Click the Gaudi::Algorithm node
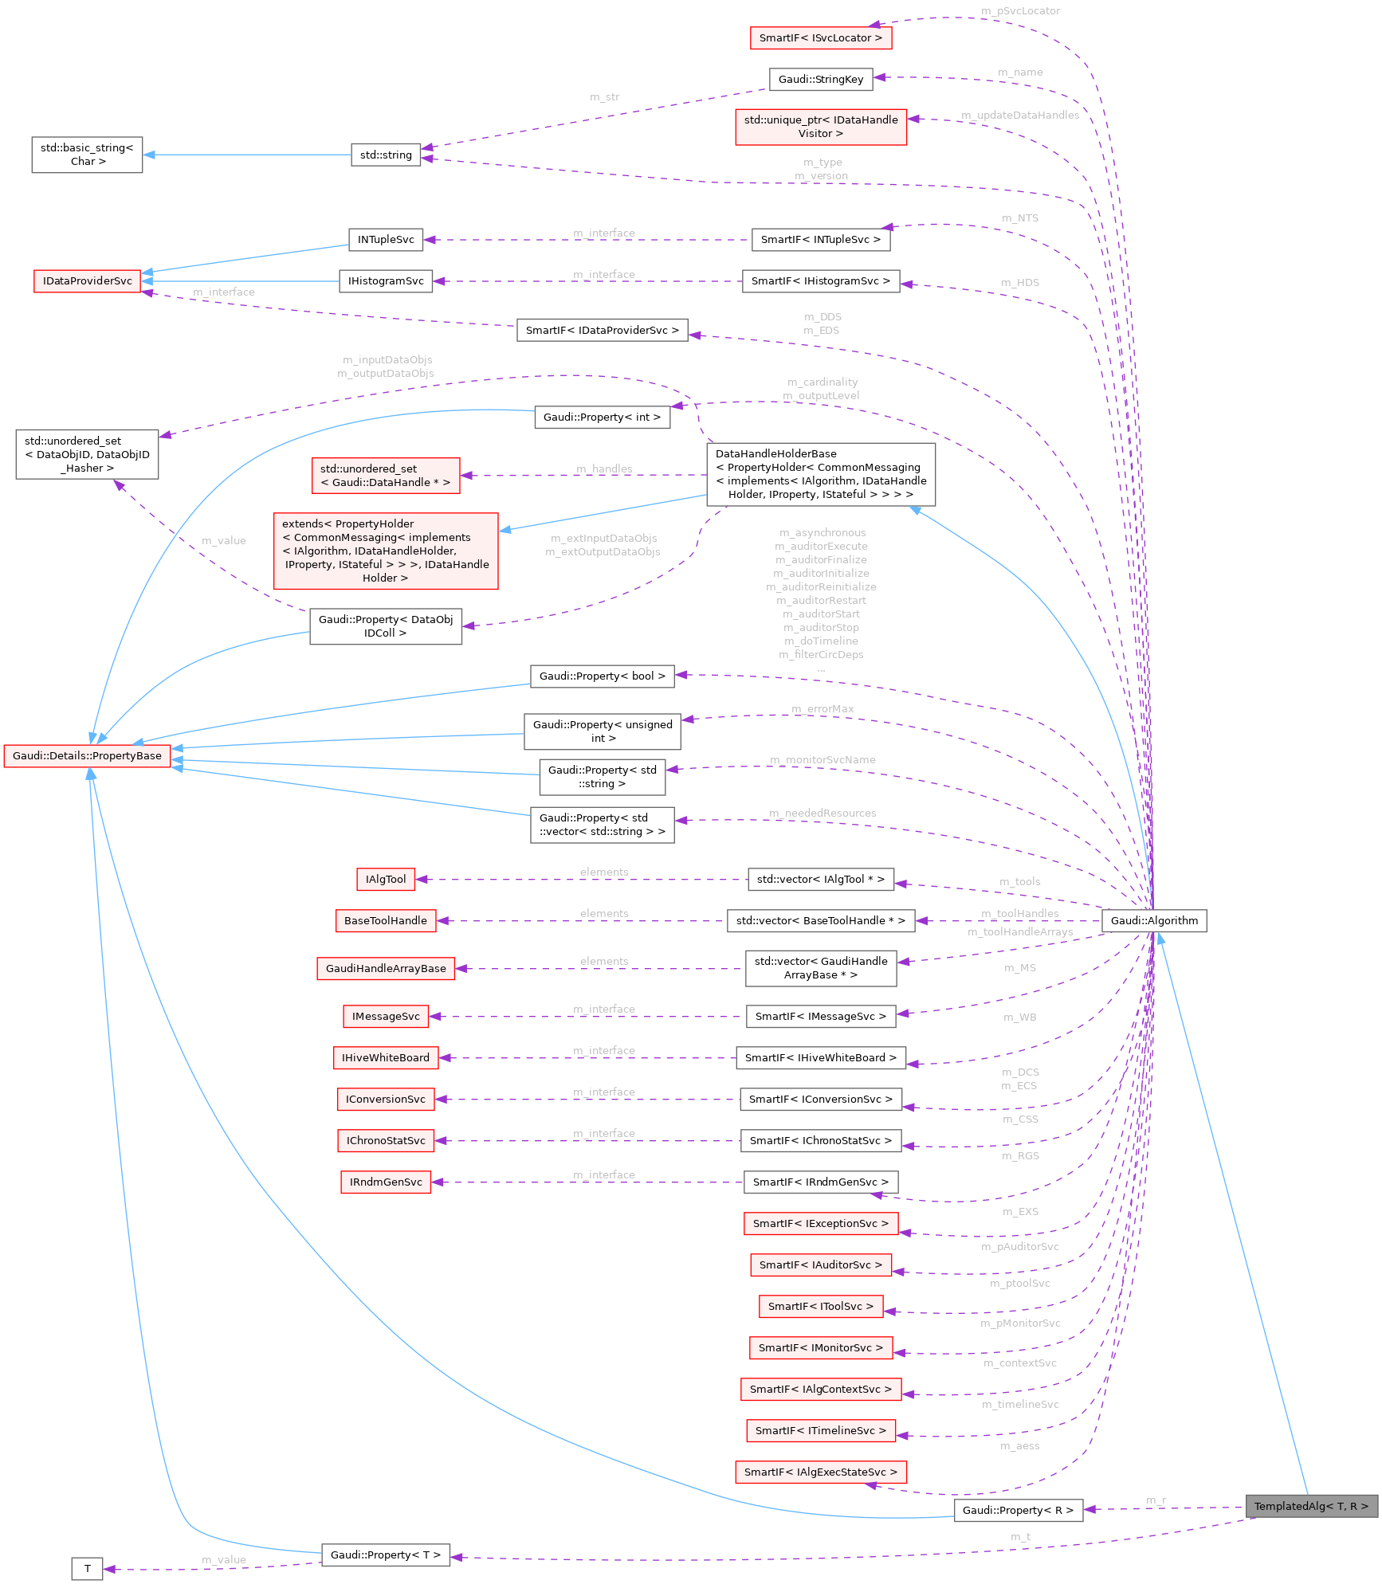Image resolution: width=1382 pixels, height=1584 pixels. tap(1153, 920)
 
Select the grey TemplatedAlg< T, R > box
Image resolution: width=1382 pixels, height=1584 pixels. tap(1310, 1506)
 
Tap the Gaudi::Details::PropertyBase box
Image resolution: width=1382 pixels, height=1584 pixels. tap(87, 755)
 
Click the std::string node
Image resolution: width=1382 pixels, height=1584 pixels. tap(386, 155)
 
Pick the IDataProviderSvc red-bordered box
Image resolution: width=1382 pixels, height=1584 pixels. tap(87, 280)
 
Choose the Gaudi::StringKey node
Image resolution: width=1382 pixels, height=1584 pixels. tap(820, 79)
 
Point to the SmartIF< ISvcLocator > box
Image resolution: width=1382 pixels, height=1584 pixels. tap(820, 37)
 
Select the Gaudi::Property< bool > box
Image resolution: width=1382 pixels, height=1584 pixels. tap(602, 676)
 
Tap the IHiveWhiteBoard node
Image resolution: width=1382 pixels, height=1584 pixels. tap(385, 1057)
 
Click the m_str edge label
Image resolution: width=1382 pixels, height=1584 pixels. tap(604, 96)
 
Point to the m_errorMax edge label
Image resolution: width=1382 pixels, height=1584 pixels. tap(823, 708)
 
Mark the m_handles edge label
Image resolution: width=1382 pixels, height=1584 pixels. tap(604, 469)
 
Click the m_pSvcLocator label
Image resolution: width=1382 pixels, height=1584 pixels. tap(1020, 11)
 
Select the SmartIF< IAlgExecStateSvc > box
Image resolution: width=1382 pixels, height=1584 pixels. tap(820, 1472)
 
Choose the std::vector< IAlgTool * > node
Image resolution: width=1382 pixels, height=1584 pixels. tap(820, 879)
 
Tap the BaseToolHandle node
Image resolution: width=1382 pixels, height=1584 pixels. tap(385, 920)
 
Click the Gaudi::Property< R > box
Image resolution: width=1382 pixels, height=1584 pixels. tap(1018, 1510)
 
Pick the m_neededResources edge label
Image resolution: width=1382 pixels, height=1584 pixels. tap(823, 813)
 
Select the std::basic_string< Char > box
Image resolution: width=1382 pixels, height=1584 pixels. tap(87, 155)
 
